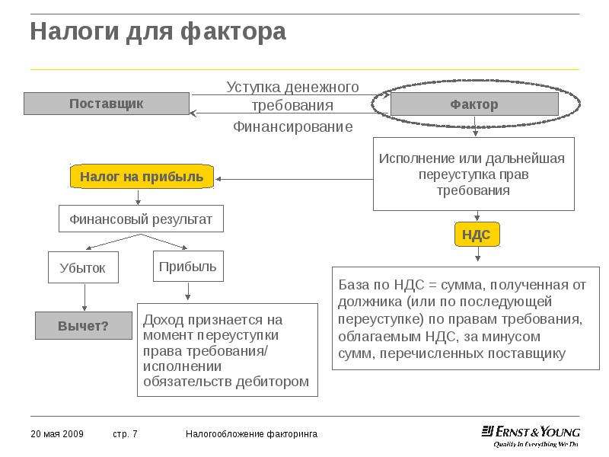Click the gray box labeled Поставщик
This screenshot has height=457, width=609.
pyautogui.click(x=107, y=104)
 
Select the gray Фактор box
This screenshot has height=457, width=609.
pyautogui.click(x=474, y=104)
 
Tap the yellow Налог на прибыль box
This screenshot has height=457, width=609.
pyautogui.click(x=142, y=177)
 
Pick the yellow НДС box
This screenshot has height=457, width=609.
pyautogui.click(x=477, y=235)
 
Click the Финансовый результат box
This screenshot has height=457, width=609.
pyautogui.click(x=141, y=219)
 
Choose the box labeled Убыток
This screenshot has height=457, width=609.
pyautogui.click(x=83, y=267)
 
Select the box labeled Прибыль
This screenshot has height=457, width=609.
pyautogui.click(x=188, y=266)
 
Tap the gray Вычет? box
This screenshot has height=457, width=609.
pyautogui.click(x=84, y=326)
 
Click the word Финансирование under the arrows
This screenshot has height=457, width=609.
pyautogui.click(x=293, y=126)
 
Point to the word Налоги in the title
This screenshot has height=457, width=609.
pyautogui.click(x=75, y=32)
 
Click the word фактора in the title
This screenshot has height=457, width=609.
pyautogui.click(x=233, y=31)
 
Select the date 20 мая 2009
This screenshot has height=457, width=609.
pyautogui.click(x=57, y=433)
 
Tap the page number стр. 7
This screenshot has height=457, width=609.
pyautogui.click(x=125, y=433)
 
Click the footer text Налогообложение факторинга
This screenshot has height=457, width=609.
pyautogui.click(x=251, y=433)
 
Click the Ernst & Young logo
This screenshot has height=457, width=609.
pyautogui.click(x=531, y=436)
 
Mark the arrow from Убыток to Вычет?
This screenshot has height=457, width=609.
pyautogui.click(x=84, y=297)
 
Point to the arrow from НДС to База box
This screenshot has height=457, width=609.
pyautogui.click(x=478, y=254)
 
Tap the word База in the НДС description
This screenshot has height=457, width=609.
pyautogui.click(x=353, y=285)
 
